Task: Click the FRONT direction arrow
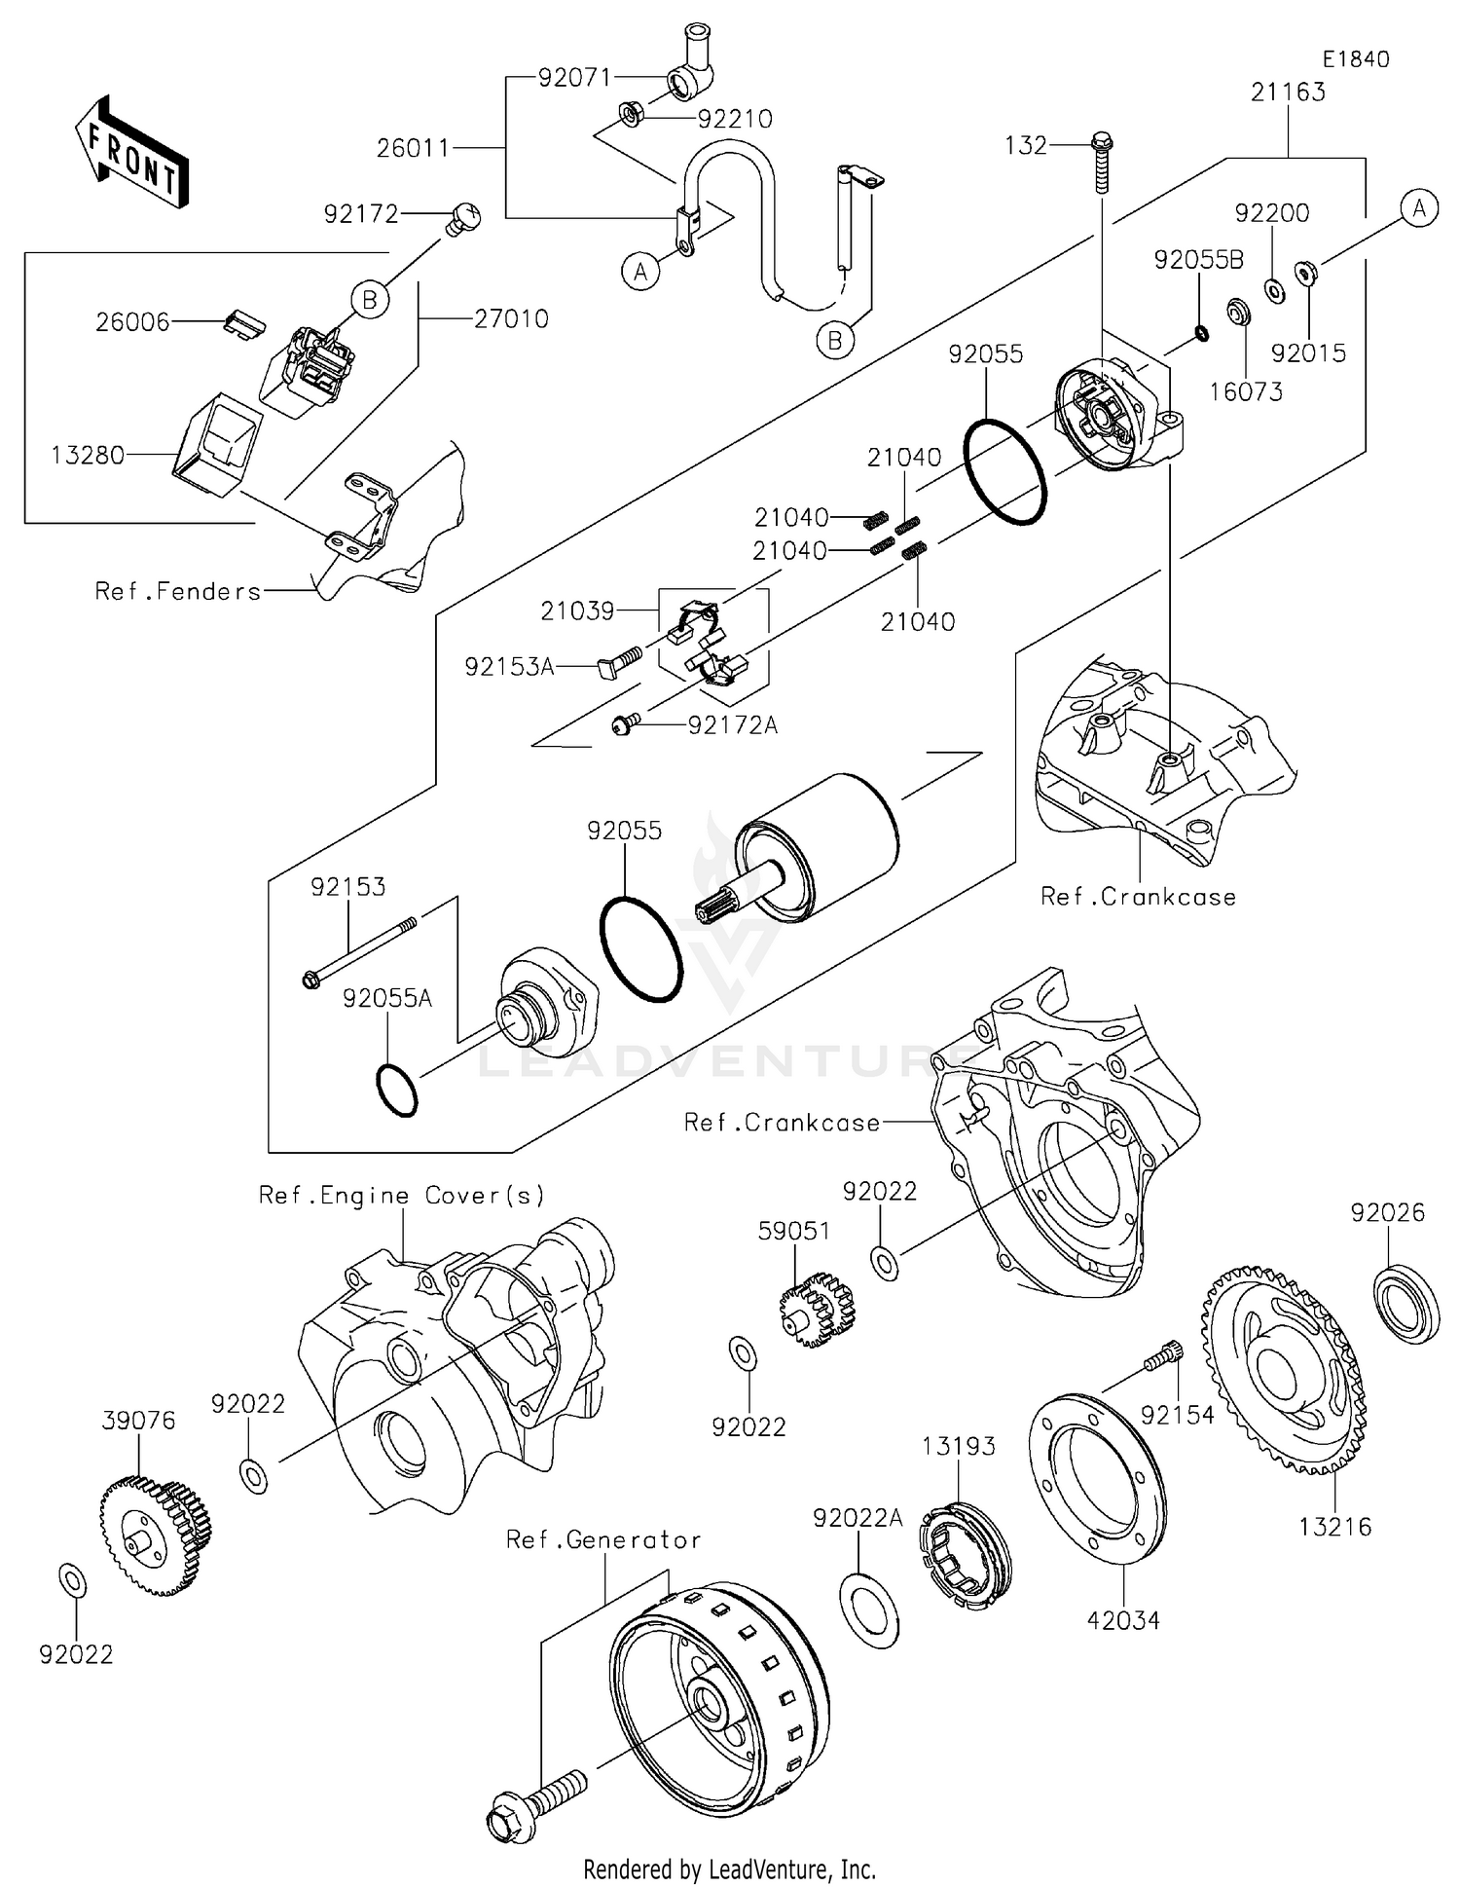[x=131, y=153]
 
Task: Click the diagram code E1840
[x=1355, y=59]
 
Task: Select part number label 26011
[x=414, y=148]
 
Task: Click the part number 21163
[x=1288, y=92]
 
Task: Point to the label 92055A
[x=386, y=998]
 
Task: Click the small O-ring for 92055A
[x=397, y=1091]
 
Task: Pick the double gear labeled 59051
[x=816, y=1307]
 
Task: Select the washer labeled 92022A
[x=869, y=1608]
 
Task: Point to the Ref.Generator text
[x=602, y=1539]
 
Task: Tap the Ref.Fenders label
[x=178, y=591]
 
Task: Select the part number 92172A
[x=732, y=724]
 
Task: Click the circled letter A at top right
[x=1419, y=207]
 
